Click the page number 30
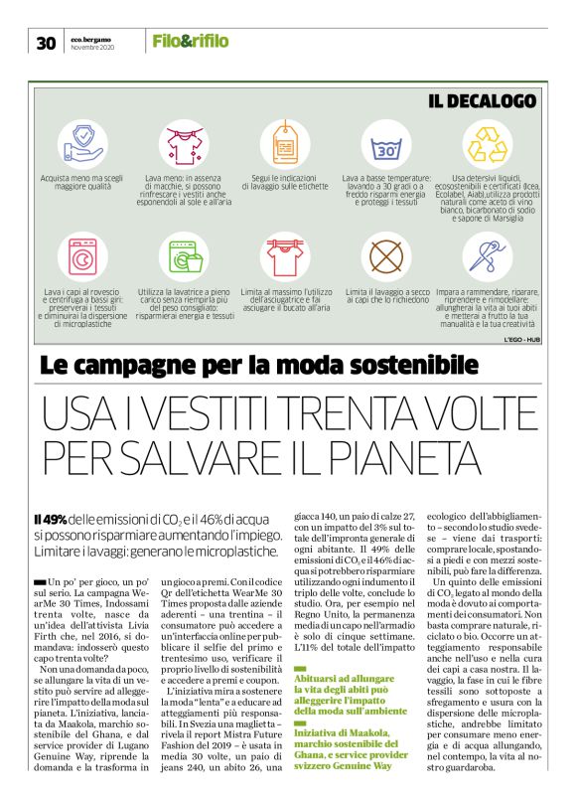pyautogui.click(x=45, y=42)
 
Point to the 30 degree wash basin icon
pyautogui.click(x=388, y=145)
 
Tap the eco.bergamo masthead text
pyautogui.click(x=91, y=37)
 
